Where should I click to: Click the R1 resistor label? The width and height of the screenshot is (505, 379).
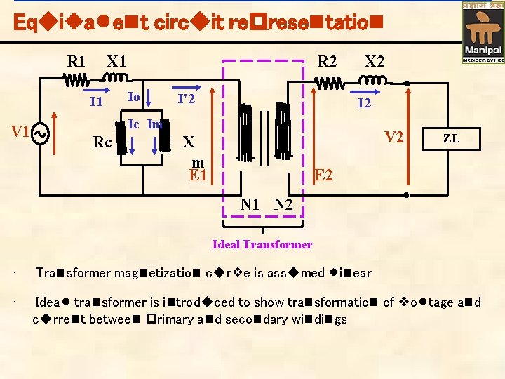point(76,61)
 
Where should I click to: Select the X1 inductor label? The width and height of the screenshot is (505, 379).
point(116,61)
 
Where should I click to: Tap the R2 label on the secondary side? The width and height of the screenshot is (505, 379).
point(328,61)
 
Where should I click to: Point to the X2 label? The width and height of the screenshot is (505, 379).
point(375,61)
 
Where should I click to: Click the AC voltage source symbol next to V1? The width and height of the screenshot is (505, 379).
point(40,133)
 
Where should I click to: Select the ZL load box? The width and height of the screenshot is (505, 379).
point(451,139)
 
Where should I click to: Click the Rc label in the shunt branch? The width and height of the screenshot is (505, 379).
point(102,143)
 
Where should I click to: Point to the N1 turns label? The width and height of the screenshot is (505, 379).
point(250,205)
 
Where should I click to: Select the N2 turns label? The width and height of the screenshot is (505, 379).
point(284,205)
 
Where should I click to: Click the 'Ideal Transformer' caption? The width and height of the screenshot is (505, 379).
point(262,244)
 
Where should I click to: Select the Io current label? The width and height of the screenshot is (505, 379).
point(135,96)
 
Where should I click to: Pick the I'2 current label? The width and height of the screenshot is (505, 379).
point(186,100)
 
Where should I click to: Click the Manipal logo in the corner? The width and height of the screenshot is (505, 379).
point(483,32)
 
